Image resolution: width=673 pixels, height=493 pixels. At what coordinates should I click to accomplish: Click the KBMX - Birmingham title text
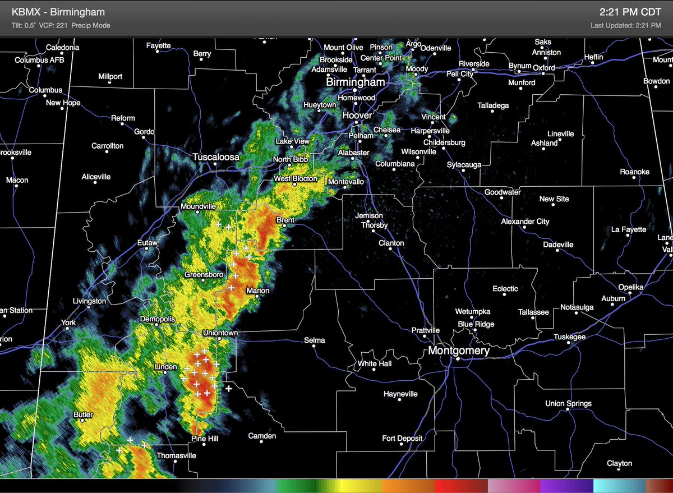(x=66, y=12)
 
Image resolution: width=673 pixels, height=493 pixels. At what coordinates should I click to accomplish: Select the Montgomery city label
(x=459, y=351)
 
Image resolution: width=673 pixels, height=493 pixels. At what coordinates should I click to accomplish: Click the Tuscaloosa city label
(x=216, y=158)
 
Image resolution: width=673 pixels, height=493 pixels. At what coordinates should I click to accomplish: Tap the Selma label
(x=315, y=340)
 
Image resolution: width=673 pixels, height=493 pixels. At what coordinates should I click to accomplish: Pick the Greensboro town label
(x=204, y=274)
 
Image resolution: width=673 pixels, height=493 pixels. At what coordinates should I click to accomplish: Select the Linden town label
(x=165, y=367)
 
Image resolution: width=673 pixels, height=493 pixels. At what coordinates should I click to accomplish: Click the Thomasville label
(x=176, y=455)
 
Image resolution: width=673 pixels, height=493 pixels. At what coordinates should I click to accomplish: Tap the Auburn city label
(x=613, y=298)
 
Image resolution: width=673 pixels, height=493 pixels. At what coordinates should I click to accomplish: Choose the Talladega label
(x=493, y=105)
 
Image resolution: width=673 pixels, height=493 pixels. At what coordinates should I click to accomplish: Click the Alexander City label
(x=525, y=222)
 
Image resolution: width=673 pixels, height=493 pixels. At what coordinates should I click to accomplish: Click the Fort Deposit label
(x=402, y=438)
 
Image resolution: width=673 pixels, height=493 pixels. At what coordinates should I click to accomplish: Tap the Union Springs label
(x=568, y=403)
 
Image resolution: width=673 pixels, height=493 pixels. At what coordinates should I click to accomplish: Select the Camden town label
(x=262, y=436)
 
